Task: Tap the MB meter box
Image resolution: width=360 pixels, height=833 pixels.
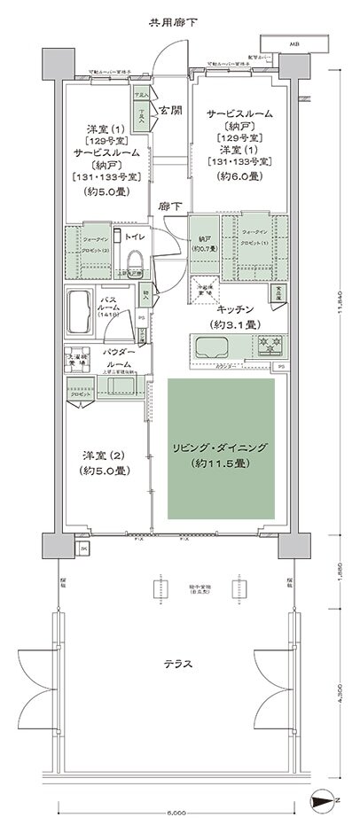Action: coord(291,43)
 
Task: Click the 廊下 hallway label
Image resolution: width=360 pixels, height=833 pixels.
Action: coord(170,206)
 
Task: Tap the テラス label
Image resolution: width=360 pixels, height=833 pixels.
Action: coord(179,663)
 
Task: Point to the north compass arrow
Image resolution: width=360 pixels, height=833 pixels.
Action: coord(327,802)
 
